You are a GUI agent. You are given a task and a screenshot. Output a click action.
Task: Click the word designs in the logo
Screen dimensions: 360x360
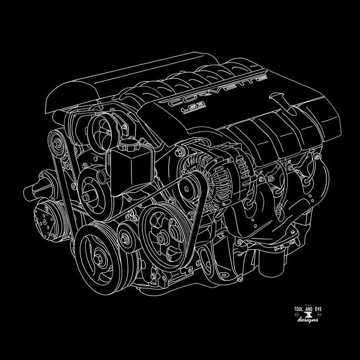pos(308,321)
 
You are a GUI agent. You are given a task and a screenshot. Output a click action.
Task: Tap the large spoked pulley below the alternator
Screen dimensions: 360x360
pos(161,234)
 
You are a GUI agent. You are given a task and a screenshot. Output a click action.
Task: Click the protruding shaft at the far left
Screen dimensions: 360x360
pos(28,190)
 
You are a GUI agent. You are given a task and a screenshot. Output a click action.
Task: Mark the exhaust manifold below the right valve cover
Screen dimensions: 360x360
pos(290,190)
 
